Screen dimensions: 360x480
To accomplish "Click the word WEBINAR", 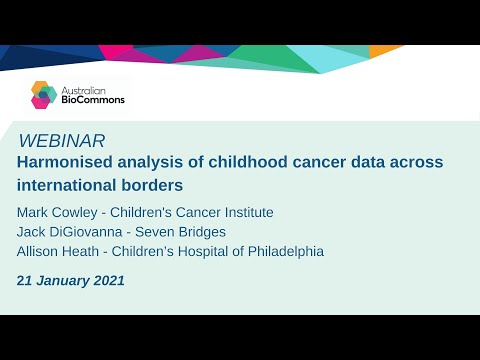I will [62, 141].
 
